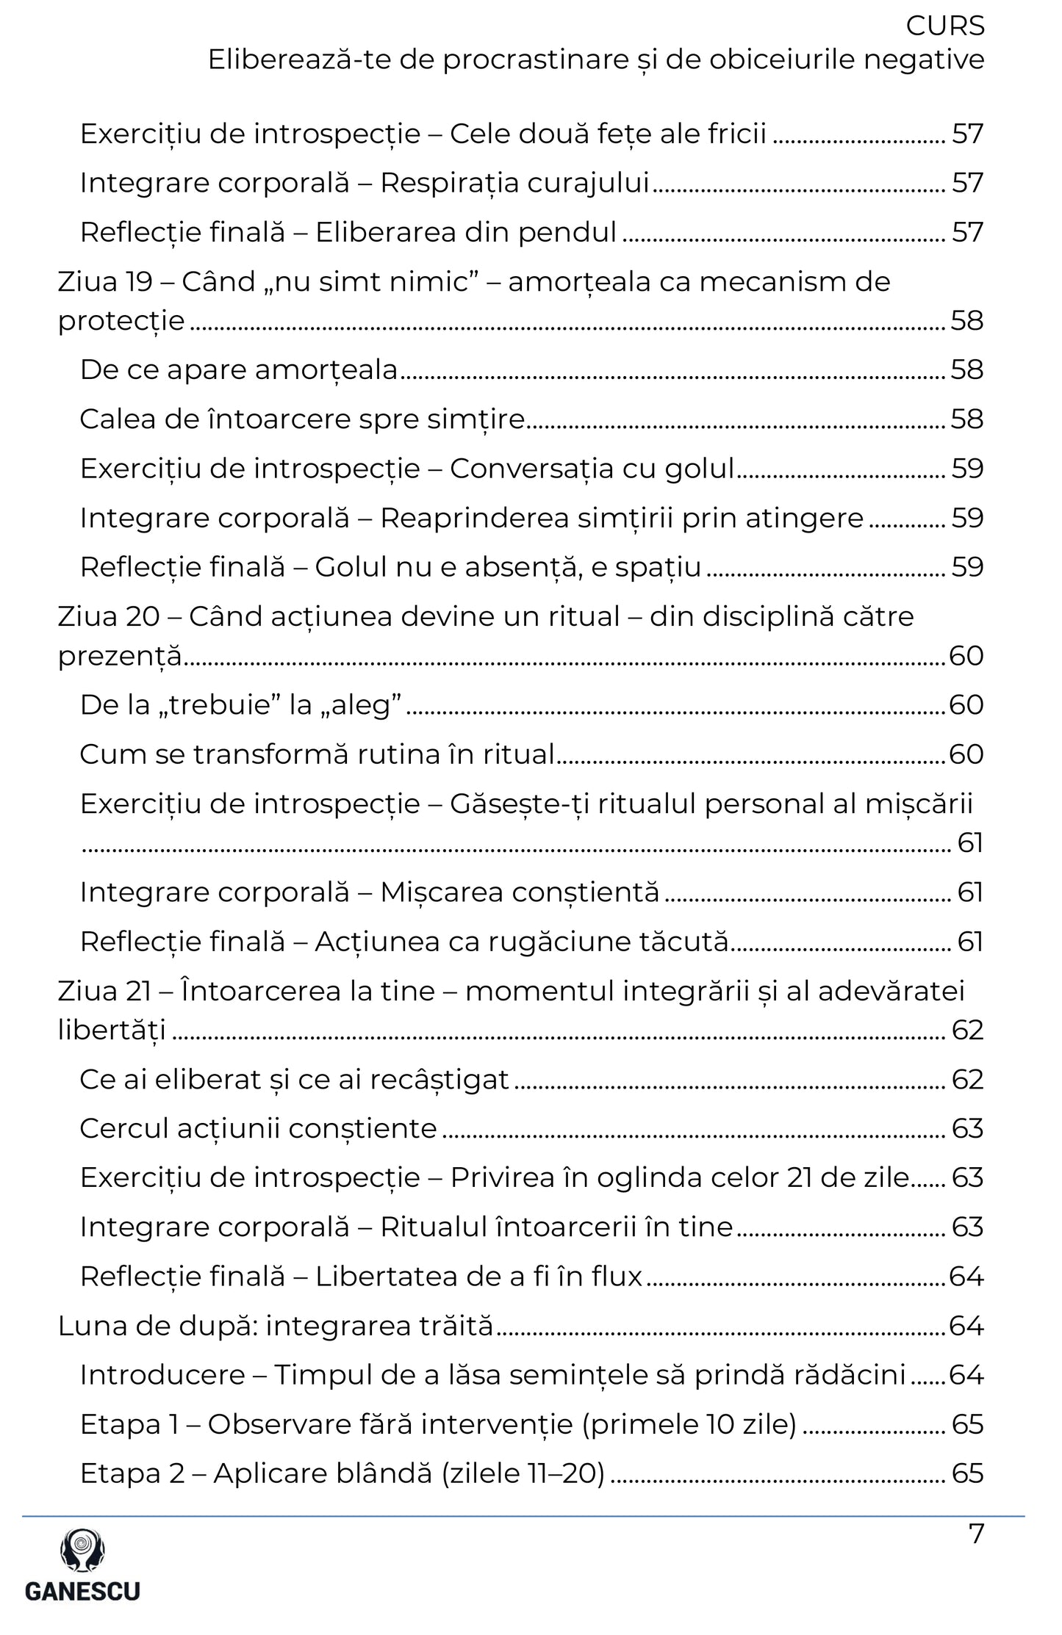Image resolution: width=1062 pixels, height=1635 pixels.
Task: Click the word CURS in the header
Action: [x=944, y=26]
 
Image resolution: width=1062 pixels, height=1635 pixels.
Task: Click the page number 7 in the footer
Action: [x=976, y=1534]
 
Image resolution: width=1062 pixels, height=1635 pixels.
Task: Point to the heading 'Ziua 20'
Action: [x=108, y=616]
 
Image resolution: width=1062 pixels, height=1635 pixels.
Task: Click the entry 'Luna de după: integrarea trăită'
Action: [x=276, y=1326]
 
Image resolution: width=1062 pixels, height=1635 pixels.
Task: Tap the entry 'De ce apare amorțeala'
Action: [x=239, y=369]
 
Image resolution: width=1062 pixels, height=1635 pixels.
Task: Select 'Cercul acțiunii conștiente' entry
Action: [x=259, y=1128]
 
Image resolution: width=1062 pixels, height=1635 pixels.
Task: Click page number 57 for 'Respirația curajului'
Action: [x=967, y=183]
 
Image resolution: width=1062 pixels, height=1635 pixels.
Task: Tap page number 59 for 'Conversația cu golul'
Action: [x=967, y=469]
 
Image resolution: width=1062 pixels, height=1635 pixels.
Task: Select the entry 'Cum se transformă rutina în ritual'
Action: [x=317, y=754]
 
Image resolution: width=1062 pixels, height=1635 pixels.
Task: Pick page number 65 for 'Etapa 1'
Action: [x=967, y=1424]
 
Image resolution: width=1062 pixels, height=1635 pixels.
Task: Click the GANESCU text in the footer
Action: [x=82, y=1591]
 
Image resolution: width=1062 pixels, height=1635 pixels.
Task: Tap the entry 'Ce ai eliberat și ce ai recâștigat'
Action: [x=294, y=1079]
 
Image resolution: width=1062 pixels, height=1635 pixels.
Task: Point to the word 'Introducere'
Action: [x=162, y=1375]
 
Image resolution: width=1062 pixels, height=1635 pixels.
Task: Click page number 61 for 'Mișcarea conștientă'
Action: [x=970, y=892]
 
